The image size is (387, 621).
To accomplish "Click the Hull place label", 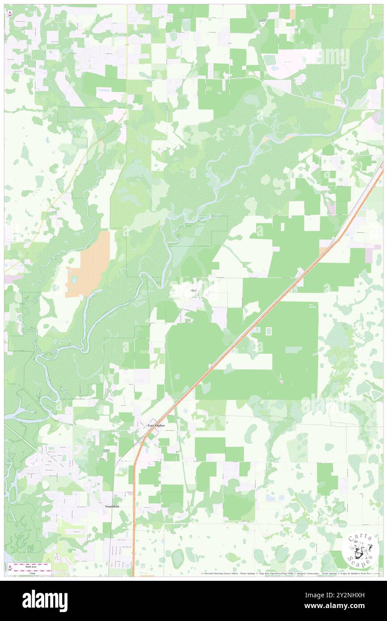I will [193, 291].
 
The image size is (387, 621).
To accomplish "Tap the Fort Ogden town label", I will [156, 425].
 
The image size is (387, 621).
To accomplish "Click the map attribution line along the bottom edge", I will [290, 574].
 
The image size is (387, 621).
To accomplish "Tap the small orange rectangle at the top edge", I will [292, 14].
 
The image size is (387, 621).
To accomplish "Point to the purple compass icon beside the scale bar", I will [9, 568].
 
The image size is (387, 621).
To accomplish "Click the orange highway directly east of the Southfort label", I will [134, 506].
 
